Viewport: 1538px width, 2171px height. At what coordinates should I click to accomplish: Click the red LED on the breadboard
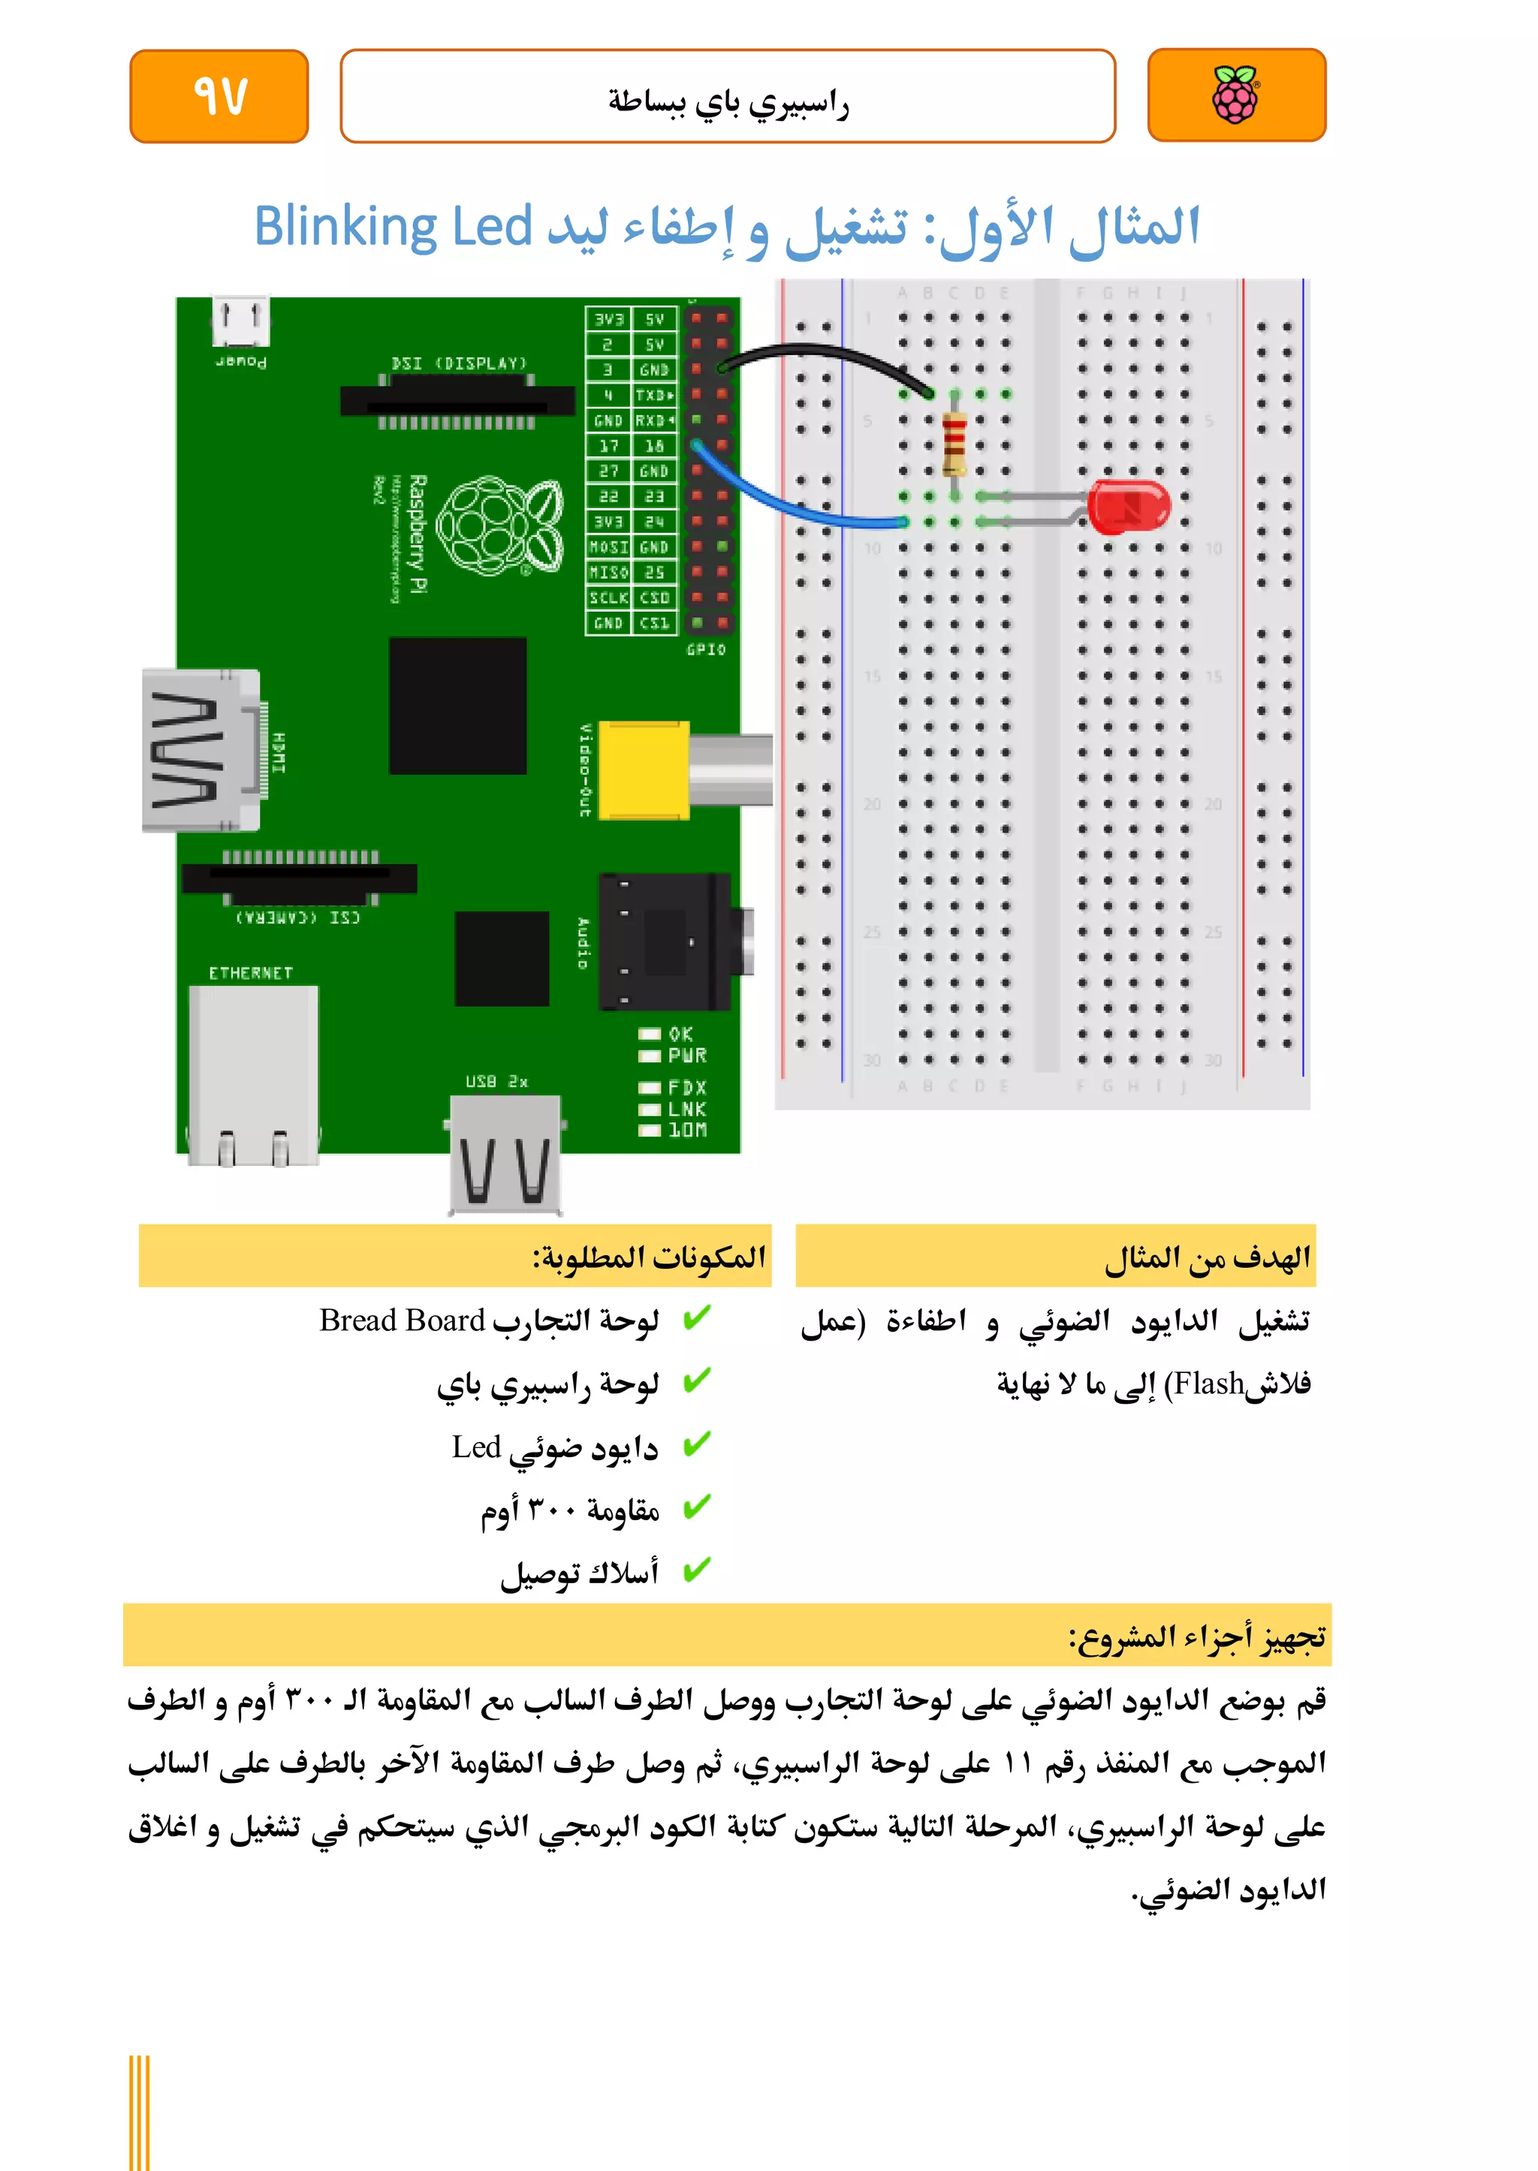click(1127, 507)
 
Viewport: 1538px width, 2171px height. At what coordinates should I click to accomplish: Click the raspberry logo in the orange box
click(1236, 95)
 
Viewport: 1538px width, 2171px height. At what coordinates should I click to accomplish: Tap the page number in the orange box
click(220, 95)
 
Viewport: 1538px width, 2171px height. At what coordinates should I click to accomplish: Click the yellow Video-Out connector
click(644, 769)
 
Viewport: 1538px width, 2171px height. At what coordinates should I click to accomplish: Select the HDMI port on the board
click(200, 751)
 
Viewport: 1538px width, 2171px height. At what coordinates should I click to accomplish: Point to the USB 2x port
click(505, 1152)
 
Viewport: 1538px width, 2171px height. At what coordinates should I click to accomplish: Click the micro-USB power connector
click(240, 322)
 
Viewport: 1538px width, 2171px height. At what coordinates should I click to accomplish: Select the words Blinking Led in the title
click(393, 228)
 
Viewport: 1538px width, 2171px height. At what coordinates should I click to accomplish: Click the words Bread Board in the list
click(402, 1320)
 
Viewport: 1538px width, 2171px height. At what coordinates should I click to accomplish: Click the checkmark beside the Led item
click(696, 1445)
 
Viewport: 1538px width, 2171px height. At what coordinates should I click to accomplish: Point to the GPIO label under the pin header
click(706, 649)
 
